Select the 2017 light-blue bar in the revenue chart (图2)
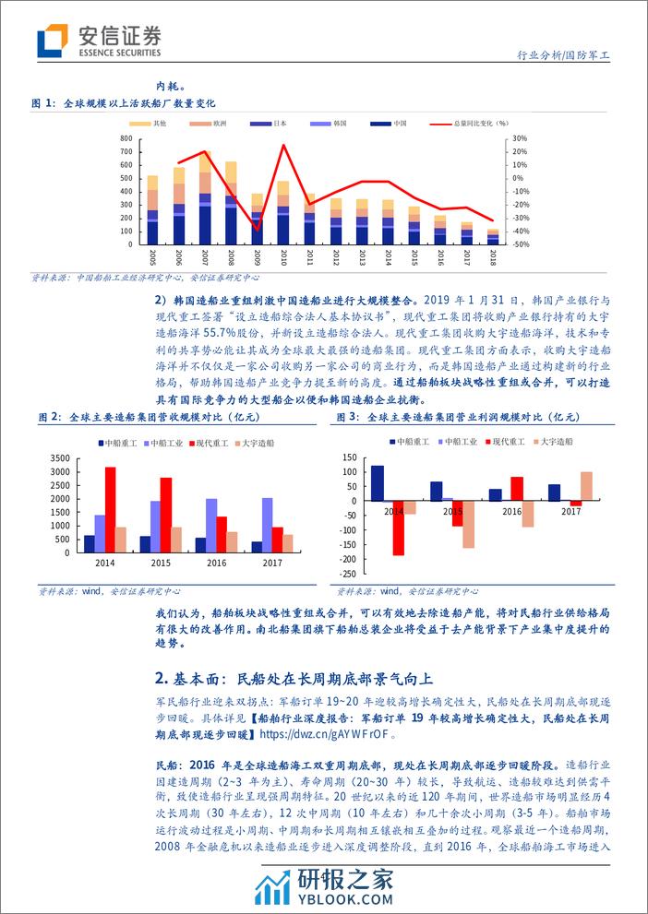(x=268, y=524)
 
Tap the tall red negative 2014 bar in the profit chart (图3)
(x=399, y=528)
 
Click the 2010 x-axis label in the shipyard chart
(x=283, y=257)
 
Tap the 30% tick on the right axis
(x=518, y=138)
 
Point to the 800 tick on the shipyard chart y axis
(x=126, y=138)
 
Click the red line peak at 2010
(x=283, y=145)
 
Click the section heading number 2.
(x=162, y=678)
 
